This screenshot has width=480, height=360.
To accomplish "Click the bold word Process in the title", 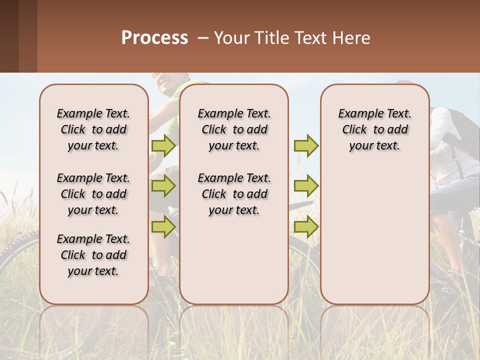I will pyautogui.click(x=154, y=38).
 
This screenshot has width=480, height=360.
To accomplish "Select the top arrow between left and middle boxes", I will pyautogui.click(x=163, y=145).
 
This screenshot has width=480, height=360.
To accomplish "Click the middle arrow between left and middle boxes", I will pyautogui.click(x=163, y=186).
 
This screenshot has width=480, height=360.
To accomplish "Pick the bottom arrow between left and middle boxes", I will pyautogui.click(x=163, y=226).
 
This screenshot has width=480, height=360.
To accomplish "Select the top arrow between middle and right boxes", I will pyautogui.click(x=305, y=145).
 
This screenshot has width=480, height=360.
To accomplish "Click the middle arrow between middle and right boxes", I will pyautogui.click(x=305, y=186).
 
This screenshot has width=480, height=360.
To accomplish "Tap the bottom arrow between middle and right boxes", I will pyautogui.click(x=305, y=226).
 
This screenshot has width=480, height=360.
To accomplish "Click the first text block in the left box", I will pyautogui.click(x=93, y=129).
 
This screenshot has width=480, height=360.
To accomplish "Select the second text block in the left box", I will pyautogui.click(x=93, y=194).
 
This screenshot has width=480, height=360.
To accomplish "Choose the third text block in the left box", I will pyautogui.click(x=93, y=255).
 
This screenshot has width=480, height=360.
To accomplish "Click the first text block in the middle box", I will pyautogui.click(x=234, y=129).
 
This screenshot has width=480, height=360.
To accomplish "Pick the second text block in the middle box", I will pyautogui.click(x=234, y=194).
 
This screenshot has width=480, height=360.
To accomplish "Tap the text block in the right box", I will pyautogui.click(x=375, y=129).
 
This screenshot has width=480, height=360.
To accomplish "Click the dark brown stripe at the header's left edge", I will pyautogui.click(x=9, y=36).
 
